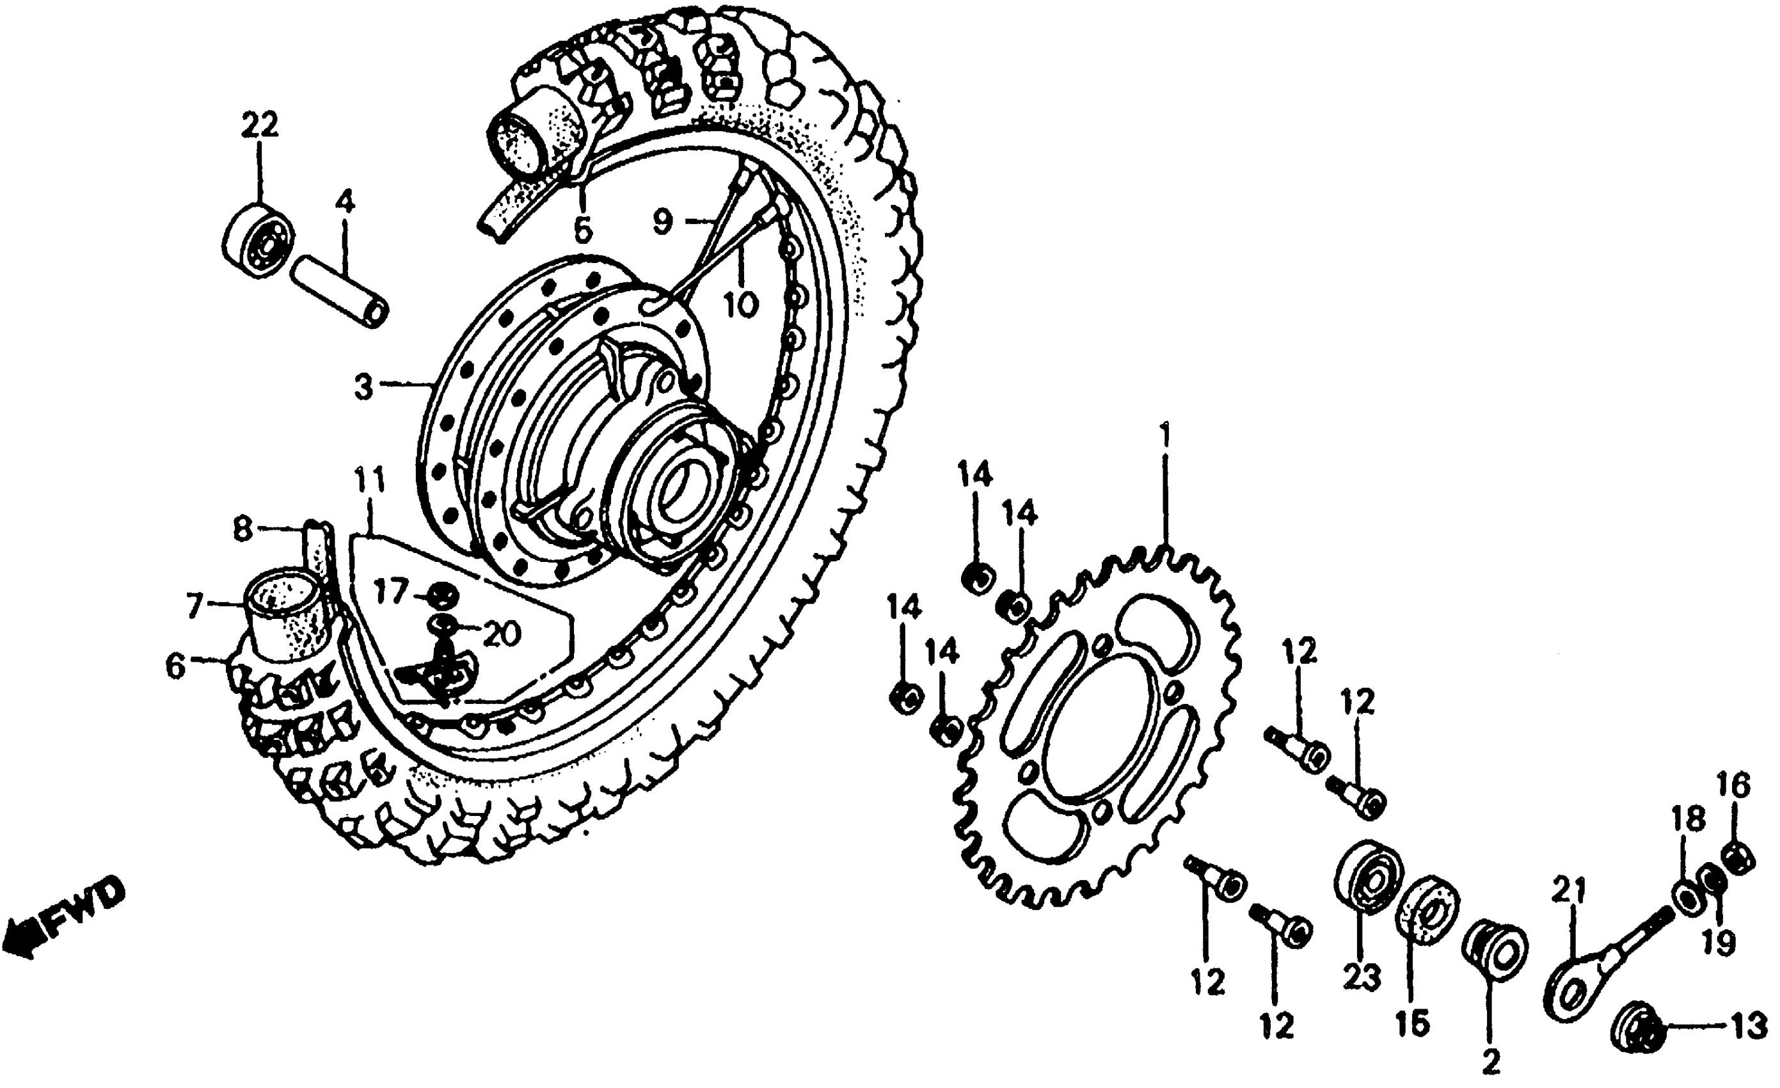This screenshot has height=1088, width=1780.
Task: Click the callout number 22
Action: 259,127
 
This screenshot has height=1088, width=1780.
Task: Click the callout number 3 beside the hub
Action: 363,388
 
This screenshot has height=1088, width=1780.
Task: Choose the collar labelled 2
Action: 1493,952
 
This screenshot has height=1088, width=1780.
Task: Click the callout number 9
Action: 662,221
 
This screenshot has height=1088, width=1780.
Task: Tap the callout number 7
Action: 193,605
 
